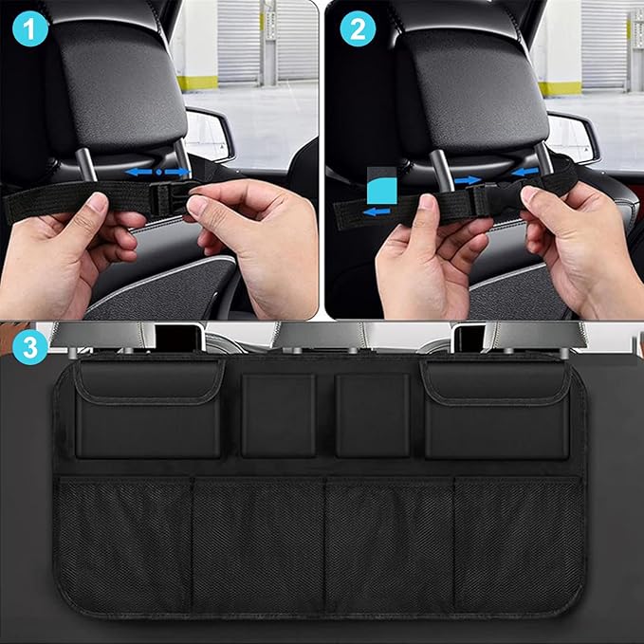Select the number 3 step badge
pyautogui.click(x=31, y=349)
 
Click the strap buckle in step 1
pyautogui.click(x=169, y=197)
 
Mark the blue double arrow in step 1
pyautogui.click(x=156, y=173)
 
